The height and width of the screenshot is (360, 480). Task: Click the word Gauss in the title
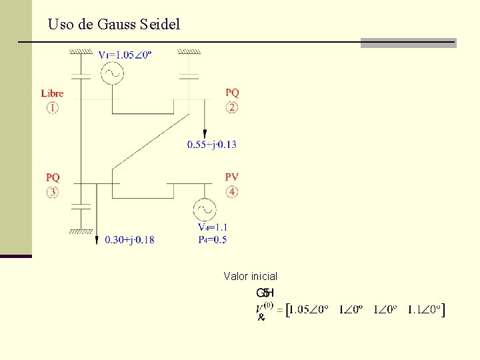tap(117, 25)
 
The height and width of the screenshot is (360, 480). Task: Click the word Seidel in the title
tap(160, 25)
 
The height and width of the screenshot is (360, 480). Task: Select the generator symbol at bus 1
tap(112, 73)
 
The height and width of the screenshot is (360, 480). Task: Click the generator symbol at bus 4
tap(204, 211)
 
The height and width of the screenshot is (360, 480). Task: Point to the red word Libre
tap(52, 93)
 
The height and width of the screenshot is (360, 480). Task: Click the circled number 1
tap(52, 107)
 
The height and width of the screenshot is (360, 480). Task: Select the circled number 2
tap(232, 107)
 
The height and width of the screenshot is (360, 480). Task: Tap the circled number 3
tap(52, 192)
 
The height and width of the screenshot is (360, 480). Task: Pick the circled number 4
tap(232, 192)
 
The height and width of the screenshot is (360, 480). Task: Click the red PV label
tap(232, 177)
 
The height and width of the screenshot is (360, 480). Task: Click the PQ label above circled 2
tap(232, 93)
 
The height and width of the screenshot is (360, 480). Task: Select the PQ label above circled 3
tap(53, 177)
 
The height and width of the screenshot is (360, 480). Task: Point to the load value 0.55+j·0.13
tap(212, 144)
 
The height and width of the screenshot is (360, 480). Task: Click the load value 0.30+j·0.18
tap(129, 240)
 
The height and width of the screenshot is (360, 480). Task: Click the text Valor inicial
tap(251, 276)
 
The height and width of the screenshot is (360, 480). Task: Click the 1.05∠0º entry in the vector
tap(309, 309)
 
